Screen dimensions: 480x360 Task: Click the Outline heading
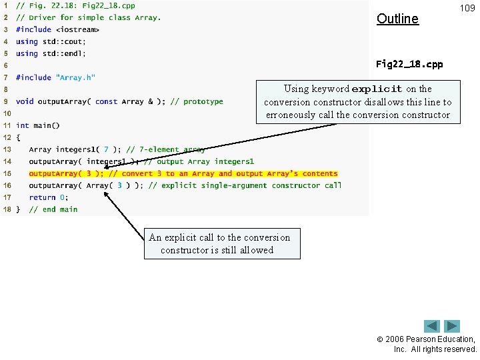click(x=397, y=19)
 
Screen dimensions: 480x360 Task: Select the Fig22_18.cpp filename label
click(x=409, y=65)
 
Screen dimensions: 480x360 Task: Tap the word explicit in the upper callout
click(x=377, y=89)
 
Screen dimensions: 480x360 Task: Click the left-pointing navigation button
click(x=432, y=327)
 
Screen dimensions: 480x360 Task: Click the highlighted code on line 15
click(x=183, y=173)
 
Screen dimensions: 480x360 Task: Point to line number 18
click(x=6, y=209)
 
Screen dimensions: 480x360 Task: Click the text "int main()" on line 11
click(x=38, y=125)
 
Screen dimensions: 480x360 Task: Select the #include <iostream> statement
click(x=58, y=29)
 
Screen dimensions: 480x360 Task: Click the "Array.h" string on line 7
click(x=77, y=77)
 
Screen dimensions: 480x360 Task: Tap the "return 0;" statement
click(x=49, y=197)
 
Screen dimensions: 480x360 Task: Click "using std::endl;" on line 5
click(x=51, y=53)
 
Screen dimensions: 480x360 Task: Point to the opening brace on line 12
click(x=18, y=137)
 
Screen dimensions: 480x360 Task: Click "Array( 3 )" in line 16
click(x=109, y=185)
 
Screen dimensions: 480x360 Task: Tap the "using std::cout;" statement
click(x=51, y=41)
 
